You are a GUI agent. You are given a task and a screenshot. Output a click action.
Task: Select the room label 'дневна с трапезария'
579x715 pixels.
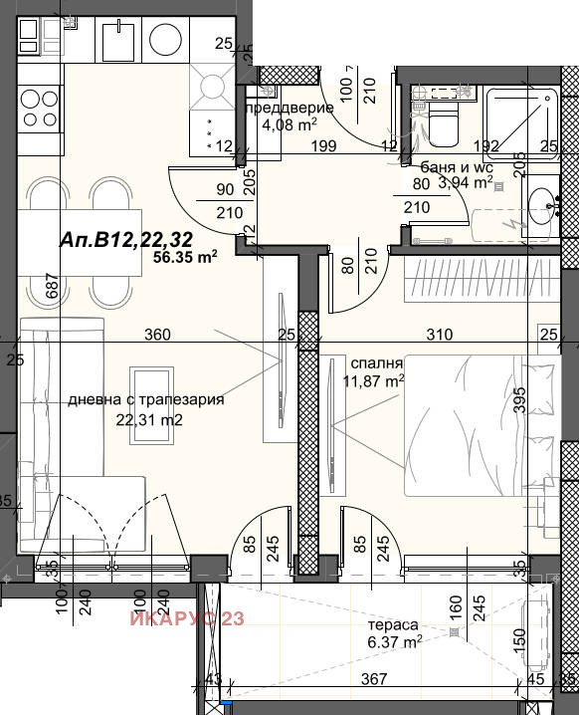click(x=145, y=399)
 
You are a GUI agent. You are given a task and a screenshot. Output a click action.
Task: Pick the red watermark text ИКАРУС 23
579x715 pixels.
click(x=186, y=619)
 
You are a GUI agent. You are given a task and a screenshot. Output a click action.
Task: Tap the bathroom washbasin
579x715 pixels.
click(x=543, y=209)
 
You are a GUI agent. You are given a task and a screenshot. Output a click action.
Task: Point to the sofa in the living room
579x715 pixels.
click(x=41, y=438)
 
